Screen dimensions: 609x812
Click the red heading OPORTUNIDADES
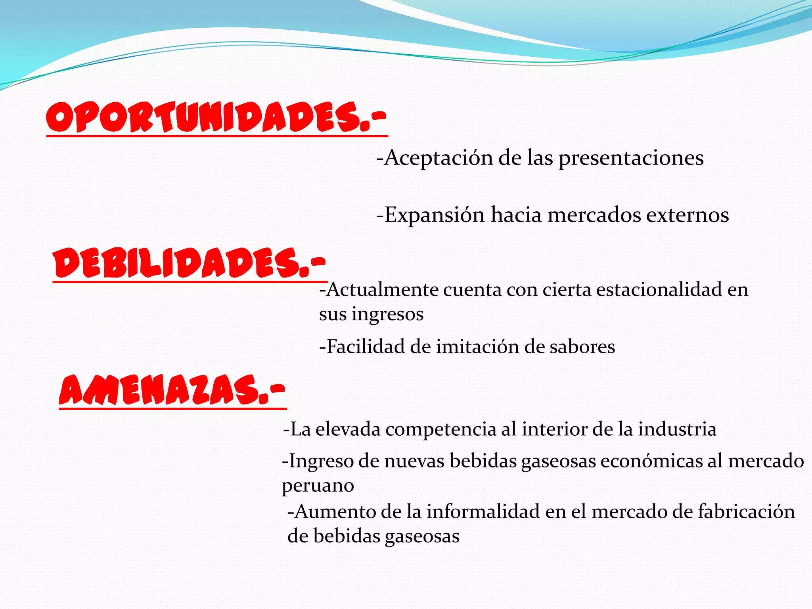pyautogui.click(x=216, y=117)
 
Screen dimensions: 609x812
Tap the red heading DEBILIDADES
pyautogui.click(x=190, y=263)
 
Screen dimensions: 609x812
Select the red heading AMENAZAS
pyautogui.click(x=172, y=390)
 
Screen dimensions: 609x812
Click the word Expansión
pyautogui.click(x=435, y=215)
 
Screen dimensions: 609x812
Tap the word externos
pyautogui.click(x=688, y=215)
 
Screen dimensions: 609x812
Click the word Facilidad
pyautogui.click(x=365, y=347)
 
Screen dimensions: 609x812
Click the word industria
pyautogui.click(x=677, y=429)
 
